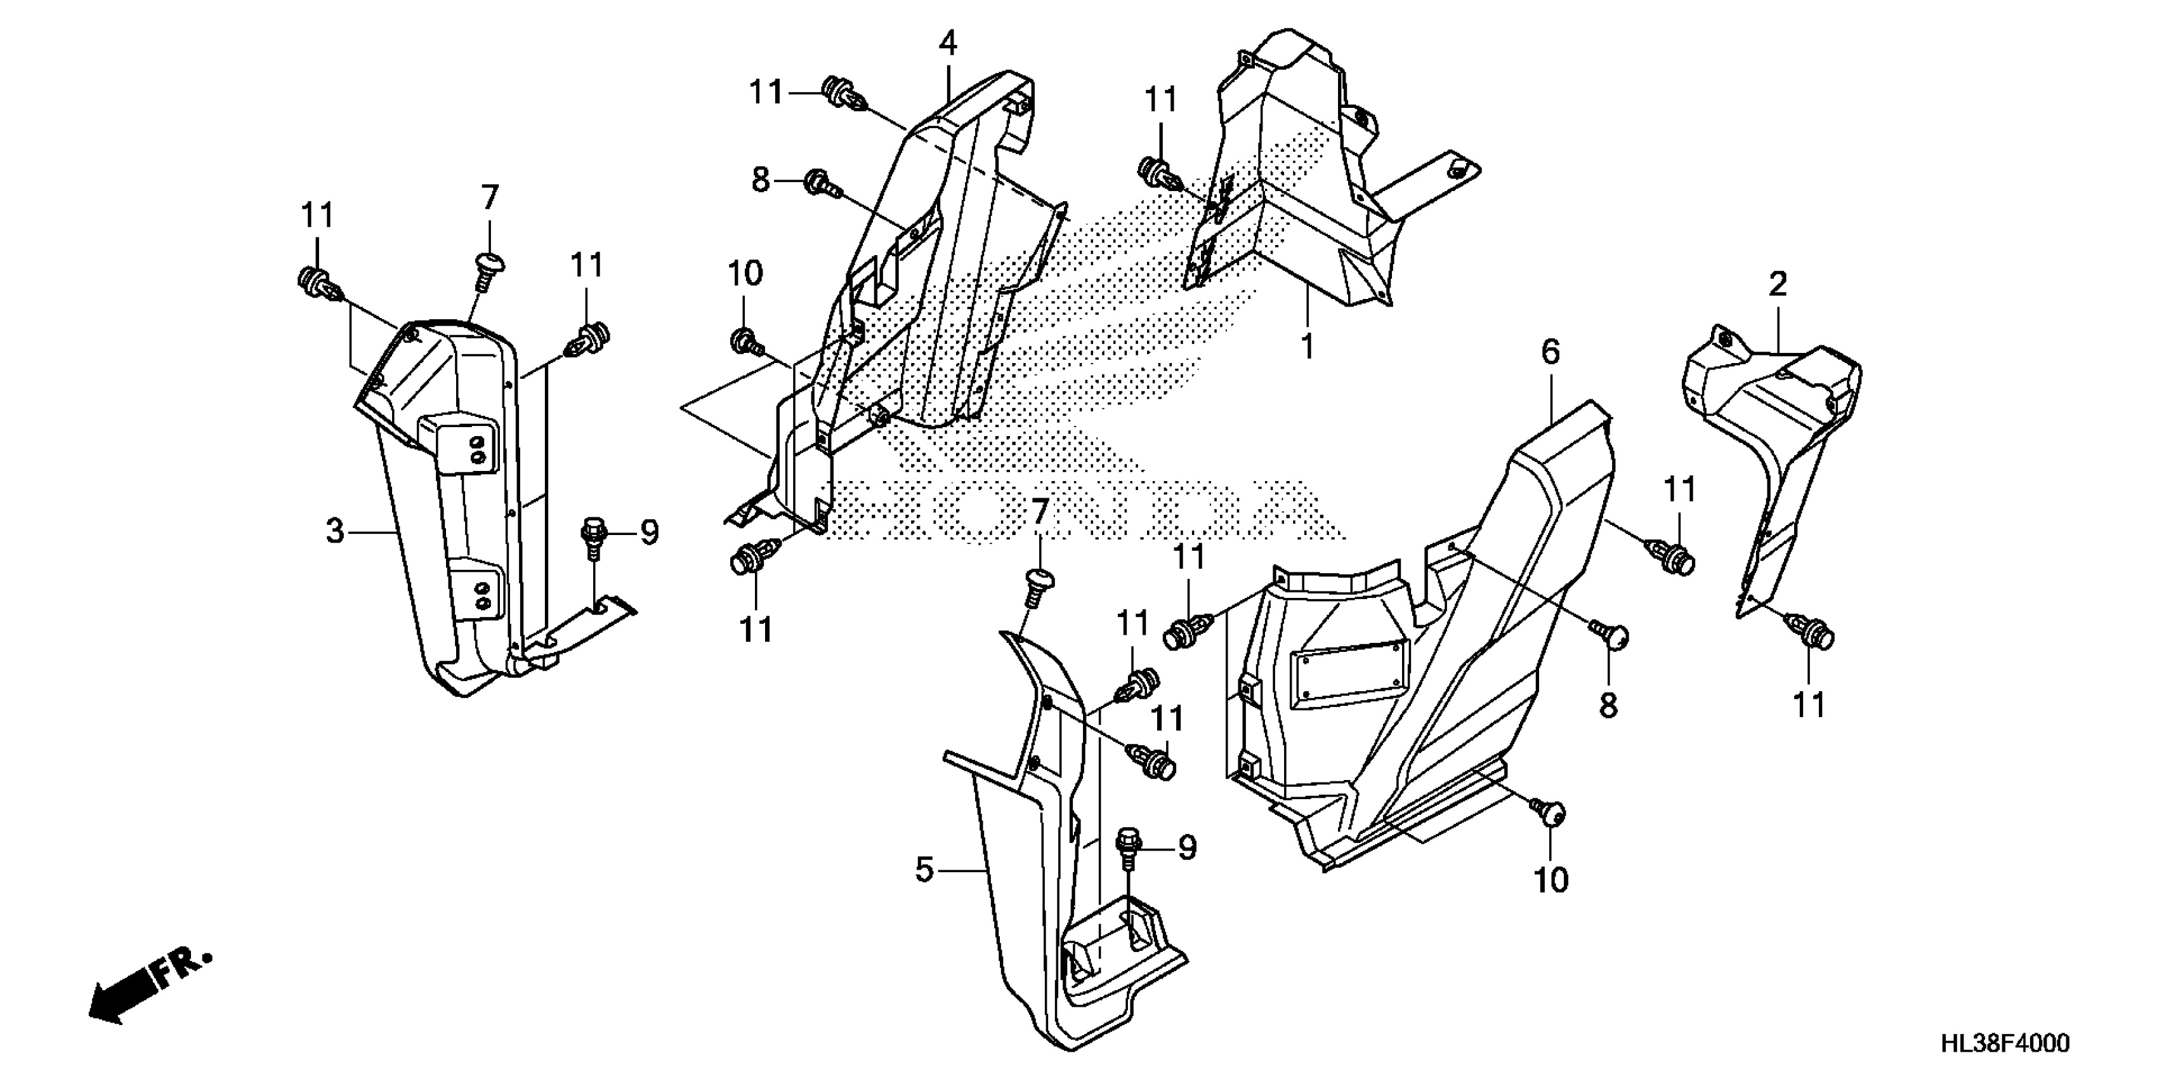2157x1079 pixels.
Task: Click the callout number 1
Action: point(1307,346)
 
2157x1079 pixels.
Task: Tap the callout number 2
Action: point(1778,285)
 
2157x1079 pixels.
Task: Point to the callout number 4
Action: point(947,43)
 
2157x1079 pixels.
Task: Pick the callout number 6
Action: point(1551,353)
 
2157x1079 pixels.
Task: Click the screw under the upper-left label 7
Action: point(488,270)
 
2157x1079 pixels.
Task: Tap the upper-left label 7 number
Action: point(490,199)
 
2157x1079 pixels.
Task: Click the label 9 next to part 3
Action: point(650,532)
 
